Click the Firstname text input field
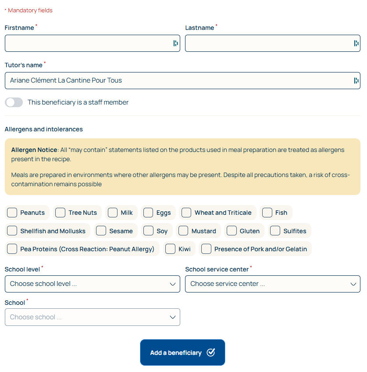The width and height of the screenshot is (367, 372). click(88, 43)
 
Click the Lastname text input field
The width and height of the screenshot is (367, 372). click(267, 43)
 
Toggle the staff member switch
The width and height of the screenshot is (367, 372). click(14, 102)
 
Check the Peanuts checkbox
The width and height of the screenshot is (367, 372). click(12, 213)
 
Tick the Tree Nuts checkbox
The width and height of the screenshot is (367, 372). click(61, 213)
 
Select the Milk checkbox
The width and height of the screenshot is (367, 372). click(113, 213)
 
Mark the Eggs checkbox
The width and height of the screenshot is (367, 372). click(148, 213)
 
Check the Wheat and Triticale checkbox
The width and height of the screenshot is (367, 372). click(186, 213)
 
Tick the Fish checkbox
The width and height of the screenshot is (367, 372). click(267, 213)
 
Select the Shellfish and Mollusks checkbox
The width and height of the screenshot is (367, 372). click(12, 231)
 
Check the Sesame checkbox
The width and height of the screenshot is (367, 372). click(101, 231)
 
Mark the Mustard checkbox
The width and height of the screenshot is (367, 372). click(183, 231)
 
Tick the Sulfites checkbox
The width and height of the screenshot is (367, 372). click(275, 231)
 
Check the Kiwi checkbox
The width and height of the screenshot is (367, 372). click(171, 249)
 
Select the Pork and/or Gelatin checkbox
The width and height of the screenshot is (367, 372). click(206, 249)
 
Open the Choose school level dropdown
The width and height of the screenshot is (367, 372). click(92, 284)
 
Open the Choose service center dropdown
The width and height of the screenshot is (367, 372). click(272, 284)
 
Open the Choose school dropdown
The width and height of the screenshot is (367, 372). click(92, 317)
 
